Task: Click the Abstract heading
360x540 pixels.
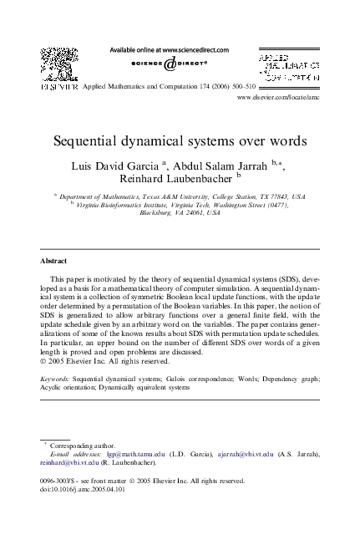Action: [54, 261]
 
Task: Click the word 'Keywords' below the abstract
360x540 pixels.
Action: [54, 379]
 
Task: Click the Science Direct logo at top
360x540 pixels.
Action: [170, 64]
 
